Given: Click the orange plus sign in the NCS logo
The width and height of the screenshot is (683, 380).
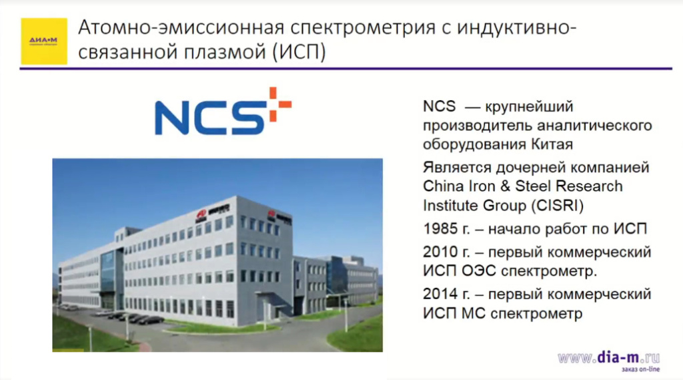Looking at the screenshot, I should tap(280, 105).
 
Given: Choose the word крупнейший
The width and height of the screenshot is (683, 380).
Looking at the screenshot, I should tap(528, 106).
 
